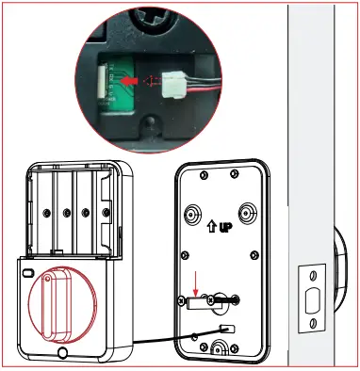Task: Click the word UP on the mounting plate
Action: click(226, 227)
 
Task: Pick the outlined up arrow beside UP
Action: click(210, 228)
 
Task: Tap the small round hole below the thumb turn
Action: click(61, 354)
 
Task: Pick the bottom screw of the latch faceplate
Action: click(310, 326)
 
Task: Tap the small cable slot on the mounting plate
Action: click(223, 326)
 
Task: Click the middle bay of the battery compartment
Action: click(70, 207)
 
